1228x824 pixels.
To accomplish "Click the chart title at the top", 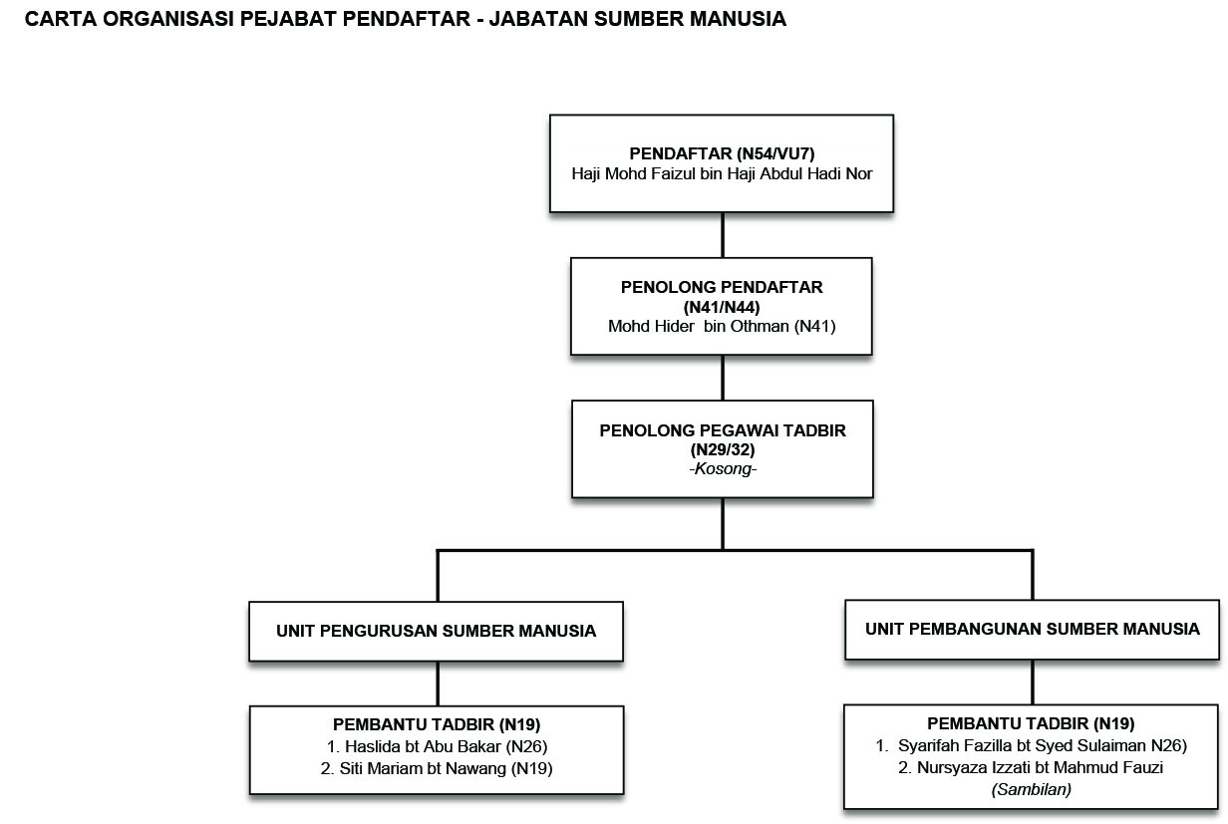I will coord(406,20).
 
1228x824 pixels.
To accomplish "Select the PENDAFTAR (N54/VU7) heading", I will coord(722,153).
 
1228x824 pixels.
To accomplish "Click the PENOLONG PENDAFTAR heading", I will coord(722,287).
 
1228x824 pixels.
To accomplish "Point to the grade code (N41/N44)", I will coord(722,307).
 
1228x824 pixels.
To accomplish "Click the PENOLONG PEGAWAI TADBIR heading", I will coord(722,430).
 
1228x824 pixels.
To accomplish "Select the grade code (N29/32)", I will coord(722,449).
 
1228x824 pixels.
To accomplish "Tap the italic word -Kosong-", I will coord(722,468).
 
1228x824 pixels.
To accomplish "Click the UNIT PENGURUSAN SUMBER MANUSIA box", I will coord(437,631).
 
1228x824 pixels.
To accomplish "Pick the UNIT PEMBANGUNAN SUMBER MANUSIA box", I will coord(1033,629).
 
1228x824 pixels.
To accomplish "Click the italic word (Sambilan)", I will coord(1032,789).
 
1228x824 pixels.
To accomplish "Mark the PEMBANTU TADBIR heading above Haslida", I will coord(437,724).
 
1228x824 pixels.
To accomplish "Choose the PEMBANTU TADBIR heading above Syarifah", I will coord(1032,724).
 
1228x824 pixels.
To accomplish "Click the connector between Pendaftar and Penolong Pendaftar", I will coord(723,235).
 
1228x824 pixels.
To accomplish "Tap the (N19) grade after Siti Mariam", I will coord(532,768).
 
